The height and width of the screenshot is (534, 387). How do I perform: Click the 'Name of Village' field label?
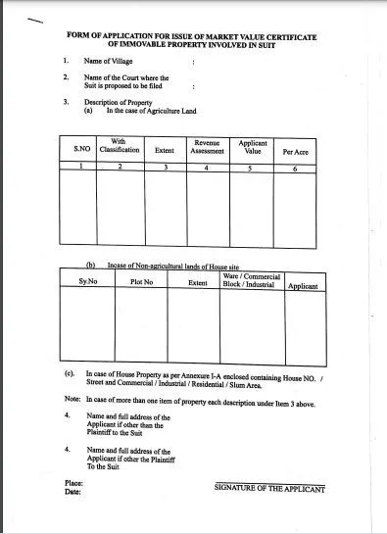[108, 61]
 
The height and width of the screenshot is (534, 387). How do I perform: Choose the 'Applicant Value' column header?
[252, 146]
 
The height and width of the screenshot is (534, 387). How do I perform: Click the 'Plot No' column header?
[143, 282]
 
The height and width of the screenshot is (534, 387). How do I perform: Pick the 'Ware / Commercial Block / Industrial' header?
[252, 280]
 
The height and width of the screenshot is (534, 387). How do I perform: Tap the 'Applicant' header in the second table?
[302, 285]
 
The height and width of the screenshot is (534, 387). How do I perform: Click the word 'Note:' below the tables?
[71, 401]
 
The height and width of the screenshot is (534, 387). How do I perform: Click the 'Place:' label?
[72, 484]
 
